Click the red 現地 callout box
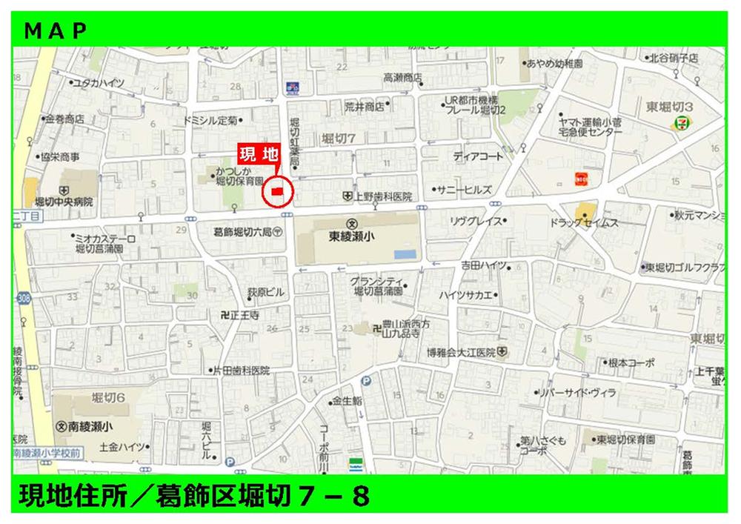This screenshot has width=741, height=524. coord(258,155)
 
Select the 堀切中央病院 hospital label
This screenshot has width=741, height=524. coord(64,201)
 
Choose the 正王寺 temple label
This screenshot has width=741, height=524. coord(239,315)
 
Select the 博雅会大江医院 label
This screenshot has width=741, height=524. coord(466,351)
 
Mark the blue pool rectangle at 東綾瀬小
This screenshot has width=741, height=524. coord(405,254)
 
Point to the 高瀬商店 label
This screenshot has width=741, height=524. coord(402,77)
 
